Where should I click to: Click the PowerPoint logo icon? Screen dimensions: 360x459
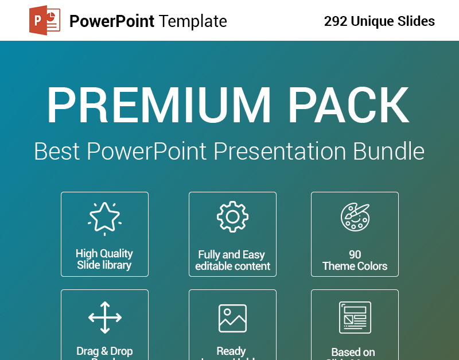(45, 21)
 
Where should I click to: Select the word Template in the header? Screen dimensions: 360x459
(193, 22)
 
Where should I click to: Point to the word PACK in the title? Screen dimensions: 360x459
(349, 106)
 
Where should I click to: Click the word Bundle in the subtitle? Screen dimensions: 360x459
(388, 152)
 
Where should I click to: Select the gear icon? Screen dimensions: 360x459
(232, 217)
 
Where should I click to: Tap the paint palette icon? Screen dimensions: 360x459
(355, 217)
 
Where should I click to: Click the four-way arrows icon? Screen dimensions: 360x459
(104, 317)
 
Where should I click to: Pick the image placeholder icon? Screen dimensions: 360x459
(232, 318)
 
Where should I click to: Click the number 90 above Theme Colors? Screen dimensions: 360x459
(355, 254)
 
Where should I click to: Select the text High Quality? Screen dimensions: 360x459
(104, 253)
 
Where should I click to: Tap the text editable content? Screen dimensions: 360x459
(232, 266)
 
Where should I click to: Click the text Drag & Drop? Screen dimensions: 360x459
(104, 351)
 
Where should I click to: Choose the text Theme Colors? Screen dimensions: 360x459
(355, 266)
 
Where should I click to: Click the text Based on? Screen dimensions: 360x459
(353, 352)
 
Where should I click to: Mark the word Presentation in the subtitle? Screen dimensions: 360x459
(280, 152)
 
